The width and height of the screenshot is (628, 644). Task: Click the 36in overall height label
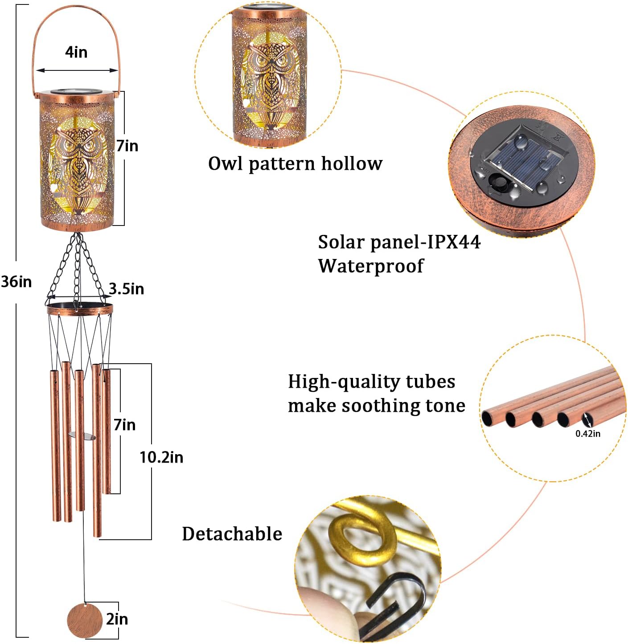16,282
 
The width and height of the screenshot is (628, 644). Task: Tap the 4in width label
76,52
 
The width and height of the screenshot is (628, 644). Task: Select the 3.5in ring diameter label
127,289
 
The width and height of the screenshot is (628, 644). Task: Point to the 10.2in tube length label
161,457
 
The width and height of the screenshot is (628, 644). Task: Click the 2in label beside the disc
117,619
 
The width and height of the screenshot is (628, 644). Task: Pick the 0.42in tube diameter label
587,434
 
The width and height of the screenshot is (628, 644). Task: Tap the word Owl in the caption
226,164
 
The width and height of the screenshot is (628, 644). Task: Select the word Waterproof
370,266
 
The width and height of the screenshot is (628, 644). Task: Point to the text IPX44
454,242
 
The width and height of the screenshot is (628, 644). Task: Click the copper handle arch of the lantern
76,7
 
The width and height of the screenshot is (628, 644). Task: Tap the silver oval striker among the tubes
83,436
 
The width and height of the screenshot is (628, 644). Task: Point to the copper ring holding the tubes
79,309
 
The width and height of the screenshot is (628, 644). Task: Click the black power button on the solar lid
498,183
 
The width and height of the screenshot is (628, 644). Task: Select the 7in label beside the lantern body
127,146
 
